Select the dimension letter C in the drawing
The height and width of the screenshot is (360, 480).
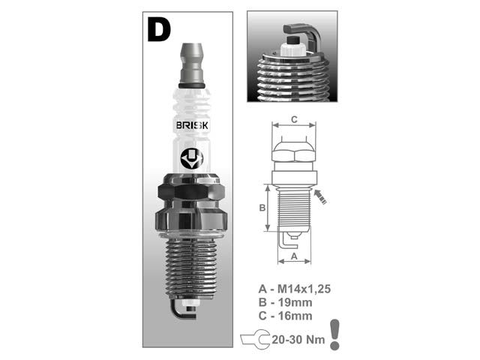pos(294,118)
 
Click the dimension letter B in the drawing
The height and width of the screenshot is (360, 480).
pos(263,208)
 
